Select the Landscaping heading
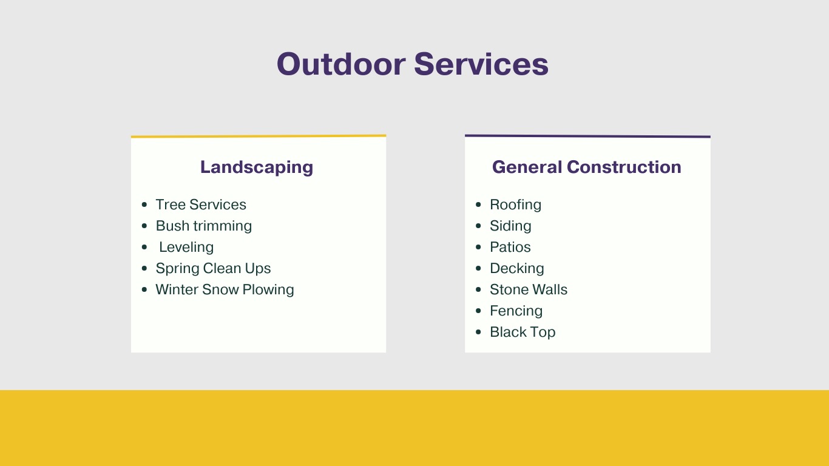pyautogui.click(x=257, y=167)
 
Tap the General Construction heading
pyautogui.click(x=586, y=167)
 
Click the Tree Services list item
pyautogui.click(x=201, y=204)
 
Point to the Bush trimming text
pyautogui.click(x=204, y=226)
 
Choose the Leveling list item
pyautogui.click(x=186, y=247)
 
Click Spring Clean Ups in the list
pyautogui.click(x=213, y=268)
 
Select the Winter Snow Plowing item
pyautogui.click(x=225, y=289)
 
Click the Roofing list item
pyautogui.click(x=515, y=204)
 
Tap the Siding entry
pyautogui.click(x=510, y=226)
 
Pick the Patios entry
pyautogui.click(x=510, y=247)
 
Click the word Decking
pyautogui.click(x=517, y=268)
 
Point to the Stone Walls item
pyautogui.click(x=529, y=289)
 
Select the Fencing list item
pyautogui.click(x=516, y=311)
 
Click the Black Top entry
pyautogui.click(x=523, y=332)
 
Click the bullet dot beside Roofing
pyautogui.click(x=478, y=205)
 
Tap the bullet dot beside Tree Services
pyautogui.click(x=144, y=205)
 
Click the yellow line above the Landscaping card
pyautogui.click(x=259, y=136)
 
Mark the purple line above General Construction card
pyautogui.click(x=587, y=136)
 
